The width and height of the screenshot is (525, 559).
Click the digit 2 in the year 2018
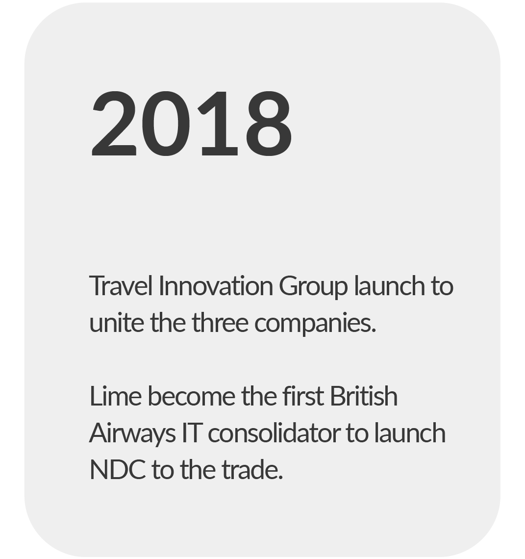114,124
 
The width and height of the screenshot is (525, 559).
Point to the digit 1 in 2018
217,124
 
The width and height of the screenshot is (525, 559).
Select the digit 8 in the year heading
268,124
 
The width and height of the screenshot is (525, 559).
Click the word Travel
121,285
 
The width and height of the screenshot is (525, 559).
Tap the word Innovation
216,285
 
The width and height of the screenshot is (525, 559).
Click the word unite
117,322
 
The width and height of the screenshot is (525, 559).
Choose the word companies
315,324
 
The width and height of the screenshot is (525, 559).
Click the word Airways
132,434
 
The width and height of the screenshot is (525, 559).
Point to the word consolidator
274,432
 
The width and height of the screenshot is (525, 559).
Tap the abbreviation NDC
118,470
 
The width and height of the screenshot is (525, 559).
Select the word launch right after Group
390,285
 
